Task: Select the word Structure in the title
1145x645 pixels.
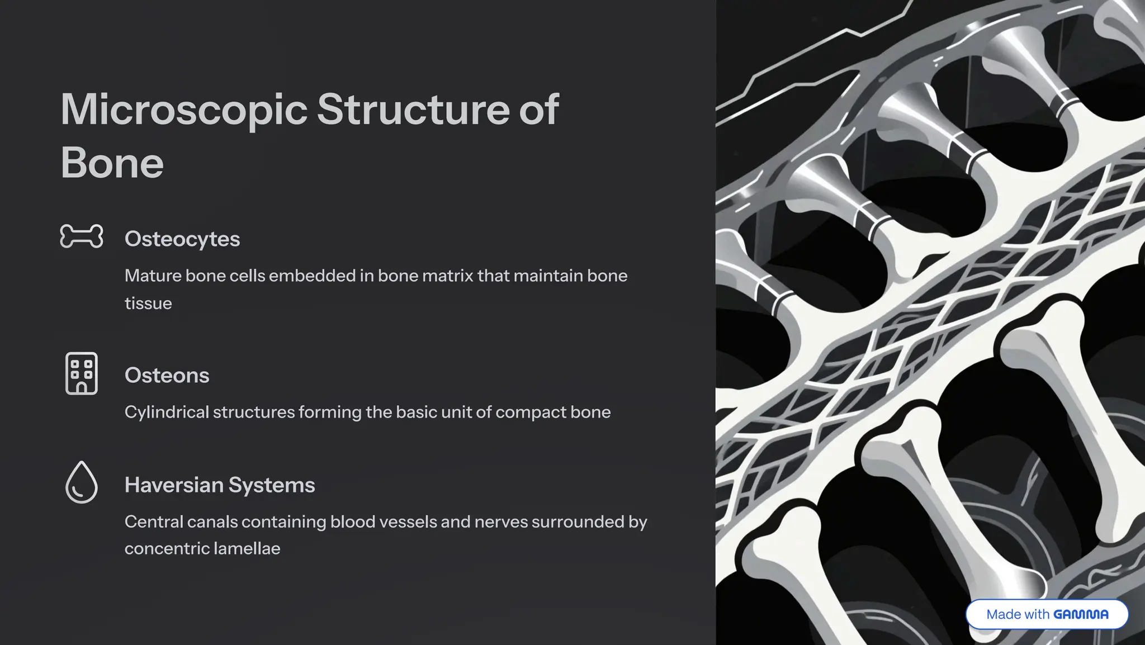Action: (413, 109)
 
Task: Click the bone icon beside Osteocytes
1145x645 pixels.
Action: (82, 236)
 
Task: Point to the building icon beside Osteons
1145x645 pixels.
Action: (82, 373)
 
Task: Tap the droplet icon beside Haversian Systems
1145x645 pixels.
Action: (82, 482)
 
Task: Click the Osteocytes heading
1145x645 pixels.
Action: (182, 239)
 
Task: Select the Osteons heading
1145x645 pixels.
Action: (167, 376)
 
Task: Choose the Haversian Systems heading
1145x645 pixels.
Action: (220, 485)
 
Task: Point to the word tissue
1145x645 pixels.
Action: (148, 303)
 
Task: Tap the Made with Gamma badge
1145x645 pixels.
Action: (1047, 614)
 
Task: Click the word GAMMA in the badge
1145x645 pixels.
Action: (1081, 614)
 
